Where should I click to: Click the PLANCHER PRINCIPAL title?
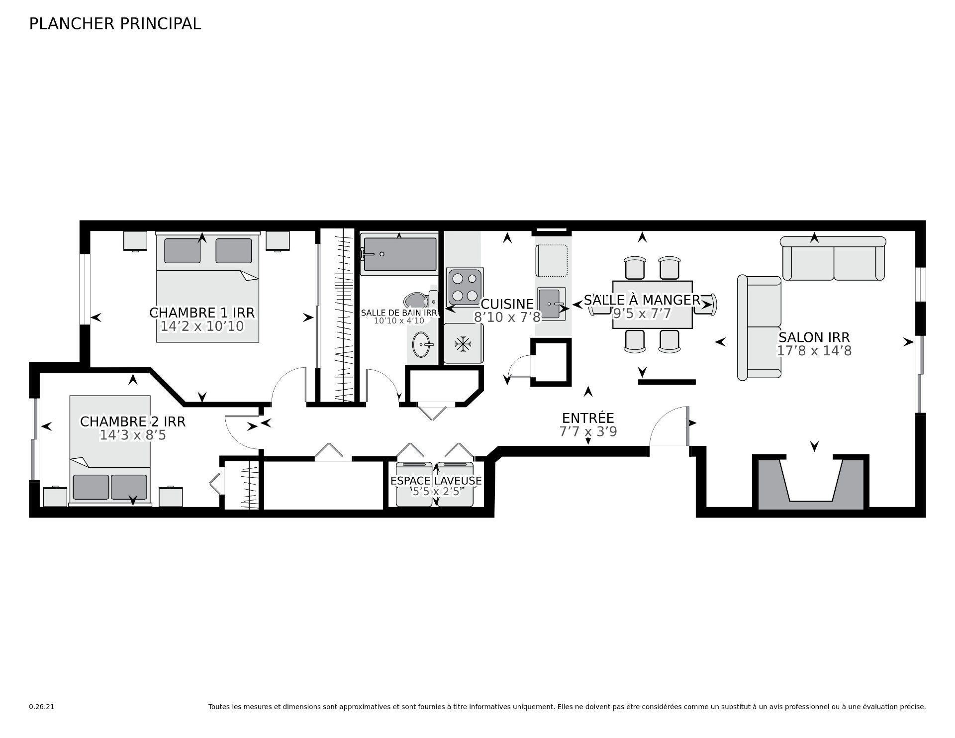(x=115, y=24)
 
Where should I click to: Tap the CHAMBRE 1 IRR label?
(x=202, y=313)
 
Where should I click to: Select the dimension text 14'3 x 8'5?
(x=133, y=435)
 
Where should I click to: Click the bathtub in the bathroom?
(x=399, y=254)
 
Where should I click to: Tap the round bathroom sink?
(x=423, y=344)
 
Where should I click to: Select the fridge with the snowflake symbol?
(x=463, y=343)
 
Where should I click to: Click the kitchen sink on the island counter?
(x=551, y=304)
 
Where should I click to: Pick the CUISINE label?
(x=507, y=304)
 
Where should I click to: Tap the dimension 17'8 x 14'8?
(x=814, y=351)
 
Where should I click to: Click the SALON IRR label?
(x=814, y=337)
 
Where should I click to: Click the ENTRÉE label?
(x=588, y=418)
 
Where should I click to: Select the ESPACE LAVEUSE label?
(x=436, y=481)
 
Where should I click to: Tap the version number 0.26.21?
(x=41, y=707)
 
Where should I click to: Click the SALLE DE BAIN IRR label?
(x=399, y=313)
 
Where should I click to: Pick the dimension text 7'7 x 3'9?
(x=588, y=431)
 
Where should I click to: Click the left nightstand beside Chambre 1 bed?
(x=135, y=241)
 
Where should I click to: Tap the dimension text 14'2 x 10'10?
(x=202, y=326)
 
